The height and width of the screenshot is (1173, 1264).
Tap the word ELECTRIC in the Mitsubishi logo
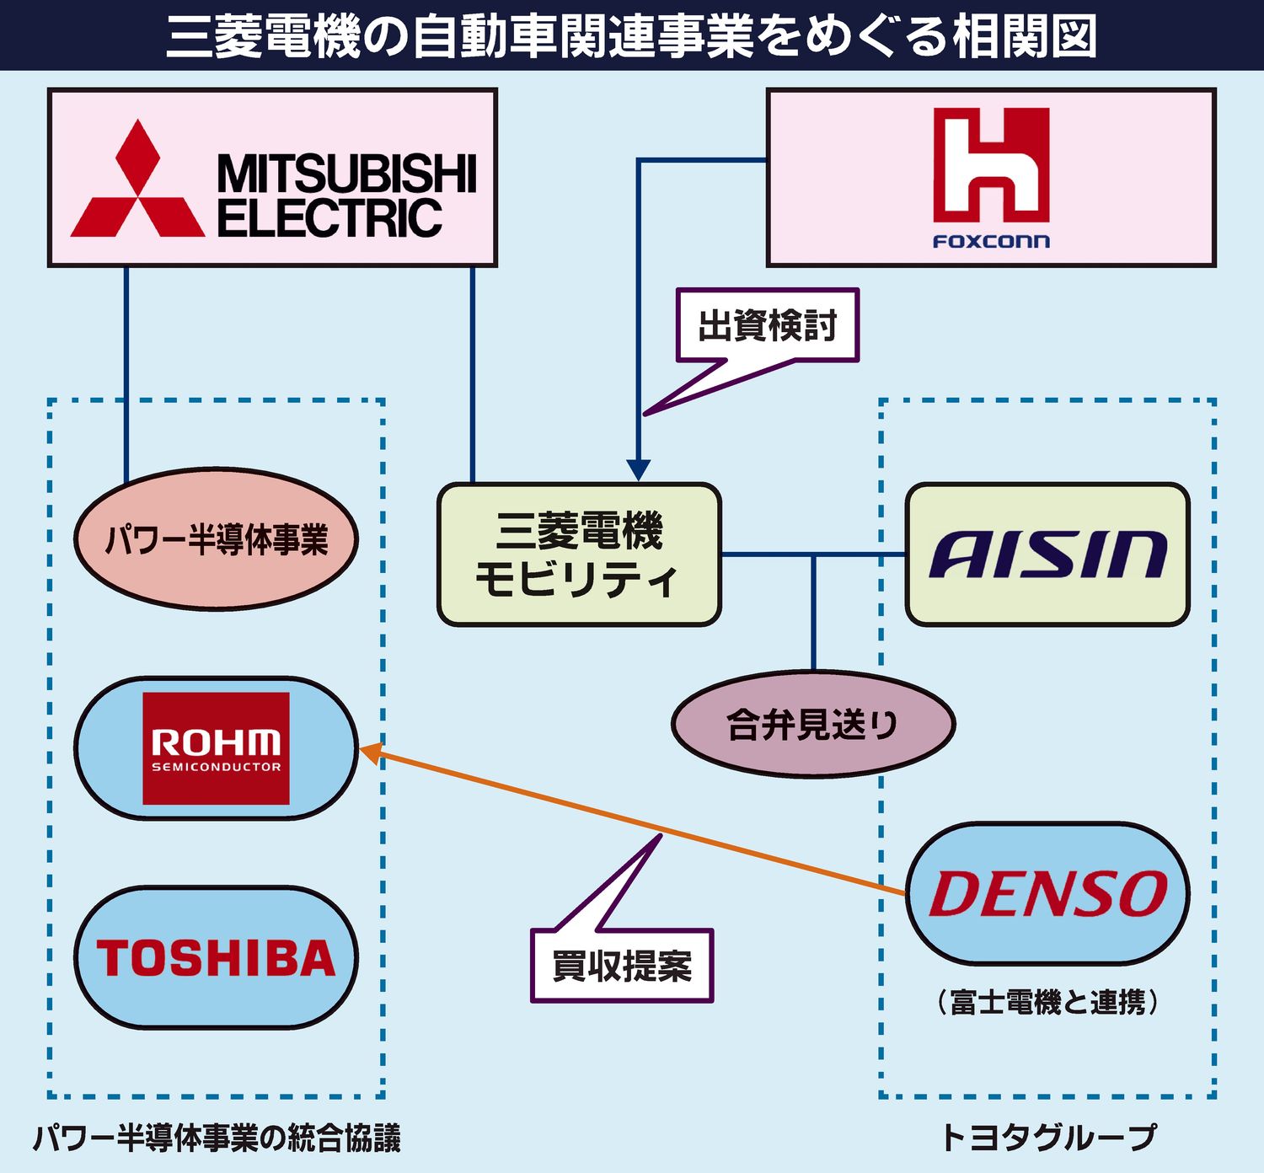(329, 218)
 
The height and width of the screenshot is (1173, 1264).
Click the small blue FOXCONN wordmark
(991, 242)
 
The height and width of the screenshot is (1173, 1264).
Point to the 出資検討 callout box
(767, 325)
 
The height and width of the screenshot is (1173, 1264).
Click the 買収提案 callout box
(622, 966)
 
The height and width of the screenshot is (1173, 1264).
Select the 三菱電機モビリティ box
(579, 554)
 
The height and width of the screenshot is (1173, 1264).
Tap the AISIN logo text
(1047, 555)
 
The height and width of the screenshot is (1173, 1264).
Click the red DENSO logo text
(1048, 894)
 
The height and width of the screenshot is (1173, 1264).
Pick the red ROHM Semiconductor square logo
(216, 748)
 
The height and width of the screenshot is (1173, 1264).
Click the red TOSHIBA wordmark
(216, 958)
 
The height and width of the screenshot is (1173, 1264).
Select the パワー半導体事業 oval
(216, 539)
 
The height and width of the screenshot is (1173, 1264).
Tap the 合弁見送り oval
(813, 724)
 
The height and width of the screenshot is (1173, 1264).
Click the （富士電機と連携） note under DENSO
(1047, 1002)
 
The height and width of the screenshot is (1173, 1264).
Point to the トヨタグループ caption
(1047, 1137)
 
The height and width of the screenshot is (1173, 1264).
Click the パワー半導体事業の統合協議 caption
(217, 1138)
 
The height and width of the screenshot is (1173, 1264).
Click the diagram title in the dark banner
(631, 36)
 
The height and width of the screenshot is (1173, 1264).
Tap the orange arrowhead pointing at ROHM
(369, 750)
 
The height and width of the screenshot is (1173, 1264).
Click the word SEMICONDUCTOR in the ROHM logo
(216, 767)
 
